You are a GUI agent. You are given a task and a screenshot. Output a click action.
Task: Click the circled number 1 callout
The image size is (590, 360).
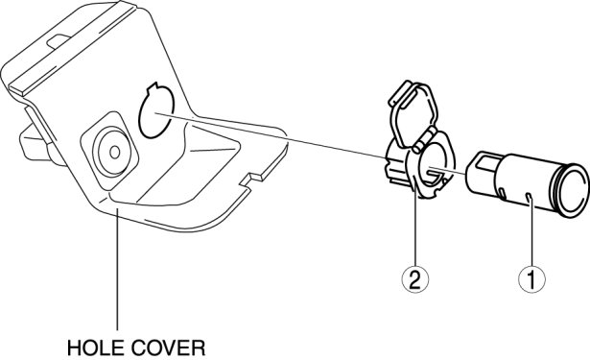(x=531, y=280)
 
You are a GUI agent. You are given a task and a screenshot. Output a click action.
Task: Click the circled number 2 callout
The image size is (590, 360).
(x=414, y=280)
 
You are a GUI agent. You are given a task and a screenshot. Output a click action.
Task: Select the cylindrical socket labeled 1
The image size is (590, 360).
(x=527, y=184)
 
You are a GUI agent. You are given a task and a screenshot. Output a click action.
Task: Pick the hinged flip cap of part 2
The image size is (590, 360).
(x=412, y=113)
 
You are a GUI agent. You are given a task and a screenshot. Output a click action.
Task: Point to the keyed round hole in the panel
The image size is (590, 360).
(x=156, y=110)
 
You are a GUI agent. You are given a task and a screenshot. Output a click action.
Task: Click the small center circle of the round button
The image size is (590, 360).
(x=114, y=153)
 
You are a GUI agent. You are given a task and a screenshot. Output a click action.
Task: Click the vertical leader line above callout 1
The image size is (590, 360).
(x=531, y=229)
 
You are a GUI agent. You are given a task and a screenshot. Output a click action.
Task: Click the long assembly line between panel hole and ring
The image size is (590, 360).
(x=271, y=135)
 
